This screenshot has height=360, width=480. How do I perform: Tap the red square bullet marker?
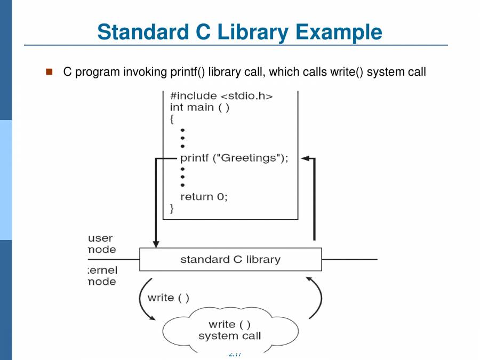[x=50, y=71]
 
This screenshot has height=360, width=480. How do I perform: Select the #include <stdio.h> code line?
[x=221, y=96]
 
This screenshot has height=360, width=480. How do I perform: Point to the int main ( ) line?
[x=199, y=107]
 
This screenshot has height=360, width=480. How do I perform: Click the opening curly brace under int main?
[x=172, y=119]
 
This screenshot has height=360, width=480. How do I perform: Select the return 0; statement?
[x=204, y=196]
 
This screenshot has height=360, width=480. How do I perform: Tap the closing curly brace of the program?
[x=172, y=208]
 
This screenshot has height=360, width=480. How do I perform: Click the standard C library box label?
[x=230, y=260]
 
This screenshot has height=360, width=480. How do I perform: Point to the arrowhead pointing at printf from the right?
[x=306, y=158]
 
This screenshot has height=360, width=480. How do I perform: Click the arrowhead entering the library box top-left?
[x=156, y=244]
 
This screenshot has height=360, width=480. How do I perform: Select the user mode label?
[x=101, y=244]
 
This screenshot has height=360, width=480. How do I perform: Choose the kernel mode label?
[x=102, y=276]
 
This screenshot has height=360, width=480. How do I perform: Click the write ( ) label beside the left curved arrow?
[x=169, y=298]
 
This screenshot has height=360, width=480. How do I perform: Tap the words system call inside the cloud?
[x=230, y=336]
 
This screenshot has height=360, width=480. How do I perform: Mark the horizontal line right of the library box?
[x=349, y=260]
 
